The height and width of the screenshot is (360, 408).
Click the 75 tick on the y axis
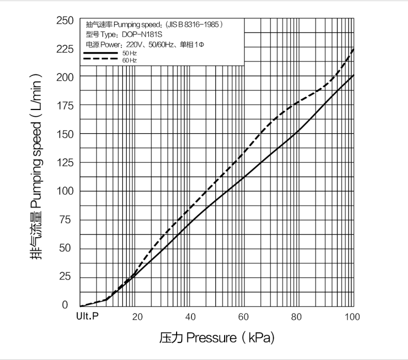[x=67, y=220]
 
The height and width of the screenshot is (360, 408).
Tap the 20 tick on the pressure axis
[x=137, y=317]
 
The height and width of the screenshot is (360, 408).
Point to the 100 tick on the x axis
[x=353, y=317]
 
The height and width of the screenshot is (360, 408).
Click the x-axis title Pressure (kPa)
[x=217, y=338]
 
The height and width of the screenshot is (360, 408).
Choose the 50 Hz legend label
[x=130, y=53]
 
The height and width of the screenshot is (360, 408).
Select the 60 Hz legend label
[x=130, y=60]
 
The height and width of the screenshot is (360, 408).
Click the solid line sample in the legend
[x=101, y=53]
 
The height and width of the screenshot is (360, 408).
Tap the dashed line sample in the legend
[x=101, y=60]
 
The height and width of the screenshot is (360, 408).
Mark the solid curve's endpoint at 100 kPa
[x=354, y=75]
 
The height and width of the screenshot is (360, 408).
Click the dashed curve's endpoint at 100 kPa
[x=354, y=49]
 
